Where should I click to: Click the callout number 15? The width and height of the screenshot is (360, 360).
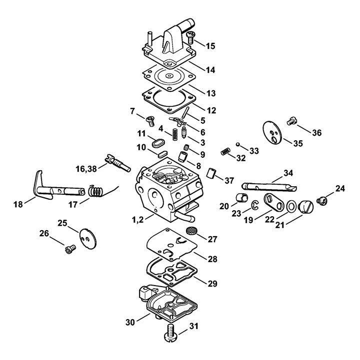tap(210, 46)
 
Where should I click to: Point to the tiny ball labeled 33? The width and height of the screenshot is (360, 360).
tap(238, 144)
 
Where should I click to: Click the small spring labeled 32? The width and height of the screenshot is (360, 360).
tap(225, 151)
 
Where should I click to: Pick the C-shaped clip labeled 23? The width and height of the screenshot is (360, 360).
tap(255, 205)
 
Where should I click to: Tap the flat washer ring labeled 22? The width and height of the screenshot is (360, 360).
tap(291, 206)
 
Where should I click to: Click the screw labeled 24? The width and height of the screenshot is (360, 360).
tap(322, 201)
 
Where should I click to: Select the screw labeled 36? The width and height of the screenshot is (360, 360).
tap(292, 121)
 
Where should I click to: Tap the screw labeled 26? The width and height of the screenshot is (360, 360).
tap(70, 249)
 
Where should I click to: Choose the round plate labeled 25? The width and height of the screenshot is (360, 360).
tap(88, 239)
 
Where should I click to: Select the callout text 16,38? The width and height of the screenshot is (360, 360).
tap(86, 169)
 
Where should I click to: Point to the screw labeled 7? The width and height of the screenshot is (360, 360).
tap(150, 121)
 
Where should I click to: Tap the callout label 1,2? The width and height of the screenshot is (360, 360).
tap(137, 220)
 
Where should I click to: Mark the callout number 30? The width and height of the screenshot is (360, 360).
tap(130, 323)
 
